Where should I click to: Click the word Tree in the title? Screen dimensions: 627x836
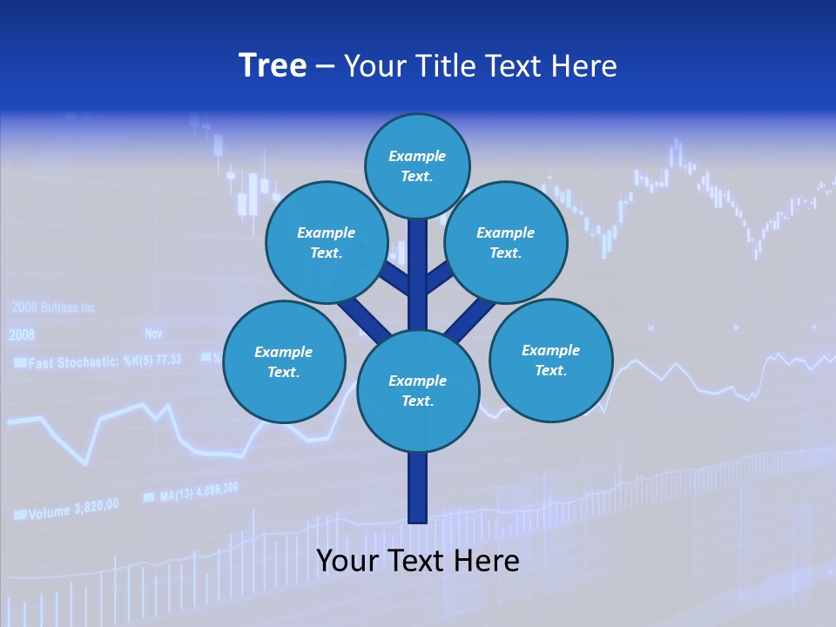(273, 66)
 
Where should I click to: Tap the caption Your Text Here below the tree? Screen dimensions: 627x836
(418, 561)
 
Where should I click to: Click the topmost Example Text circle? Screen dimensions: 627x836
(417, 165)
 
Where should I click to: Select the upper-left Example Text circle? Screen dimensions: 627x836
(326, 242)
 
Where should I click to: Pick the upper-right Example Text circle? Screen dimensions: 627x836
(505, 242)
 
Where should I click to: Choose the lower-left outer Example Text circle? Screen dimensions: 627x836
(283, 361)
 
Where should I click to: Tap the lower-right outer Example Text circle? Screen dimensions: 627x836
(550, 360)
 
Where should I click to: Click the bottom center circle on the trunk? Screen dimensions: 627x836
(418, 391)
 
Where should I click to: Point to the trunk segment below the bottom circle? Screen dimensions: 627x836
(418, 488)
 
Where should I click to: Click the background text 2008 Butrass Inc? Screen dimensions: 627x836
(54, 307)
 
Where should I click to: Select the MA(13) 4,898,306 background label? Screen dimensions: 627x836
(199, 494)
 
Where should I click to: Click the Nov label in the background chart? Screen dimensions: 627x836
(153, 334)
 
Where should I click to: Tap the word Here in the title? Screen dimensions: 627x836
(583, 66)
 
